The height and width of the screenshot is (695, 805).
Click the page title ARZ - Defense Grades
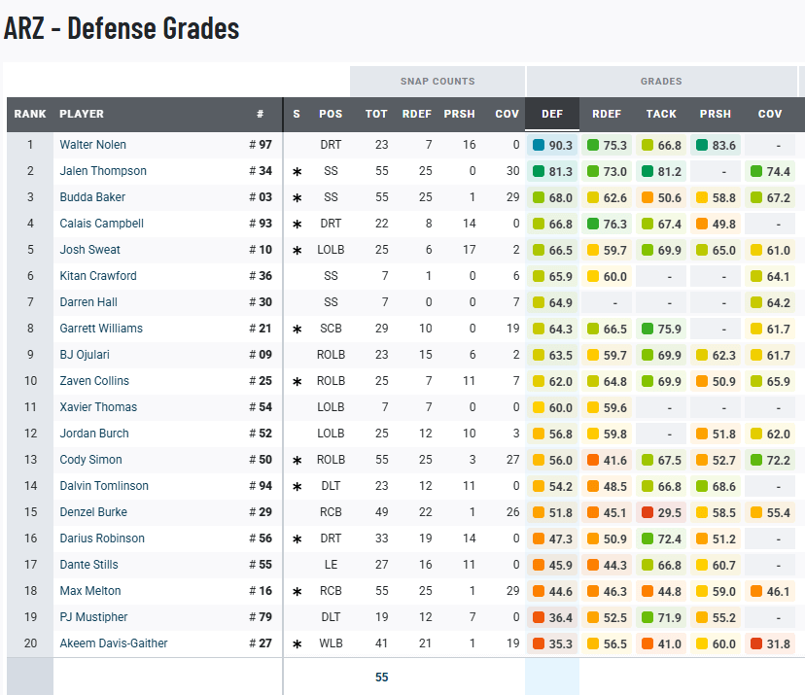[122, 28]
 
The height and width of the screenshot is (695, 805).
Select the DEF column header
[552, 114]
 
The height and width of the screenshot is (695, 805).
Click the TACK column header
[661, 114]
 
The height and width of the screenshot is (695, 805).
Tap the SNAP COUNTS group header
[437, 82]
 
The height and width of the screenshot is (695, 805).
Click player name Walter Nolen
[92, 145]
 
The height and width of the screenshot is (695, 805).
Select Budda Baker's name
[92, 197]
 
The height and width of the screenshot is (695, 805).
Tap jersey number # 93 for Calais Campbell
[260, 224]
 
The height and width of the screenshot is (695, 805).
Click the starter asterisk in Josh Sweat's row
[297, 251]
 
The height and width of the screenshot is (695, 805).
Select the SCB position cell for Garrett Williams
[331, 329]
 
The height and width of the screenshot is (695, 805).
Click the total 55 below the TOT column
[381, 678]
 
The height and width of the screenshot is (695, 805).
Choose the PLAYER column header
[82, 114]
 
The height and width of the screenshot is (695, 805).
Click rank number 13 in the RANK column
[30, 460]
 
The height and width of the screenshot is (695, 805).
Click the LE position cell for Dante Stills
[331, 565]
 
